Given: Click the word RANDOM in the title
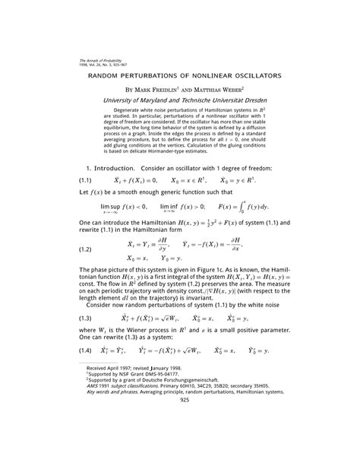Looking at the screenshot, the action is (111, 76).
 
